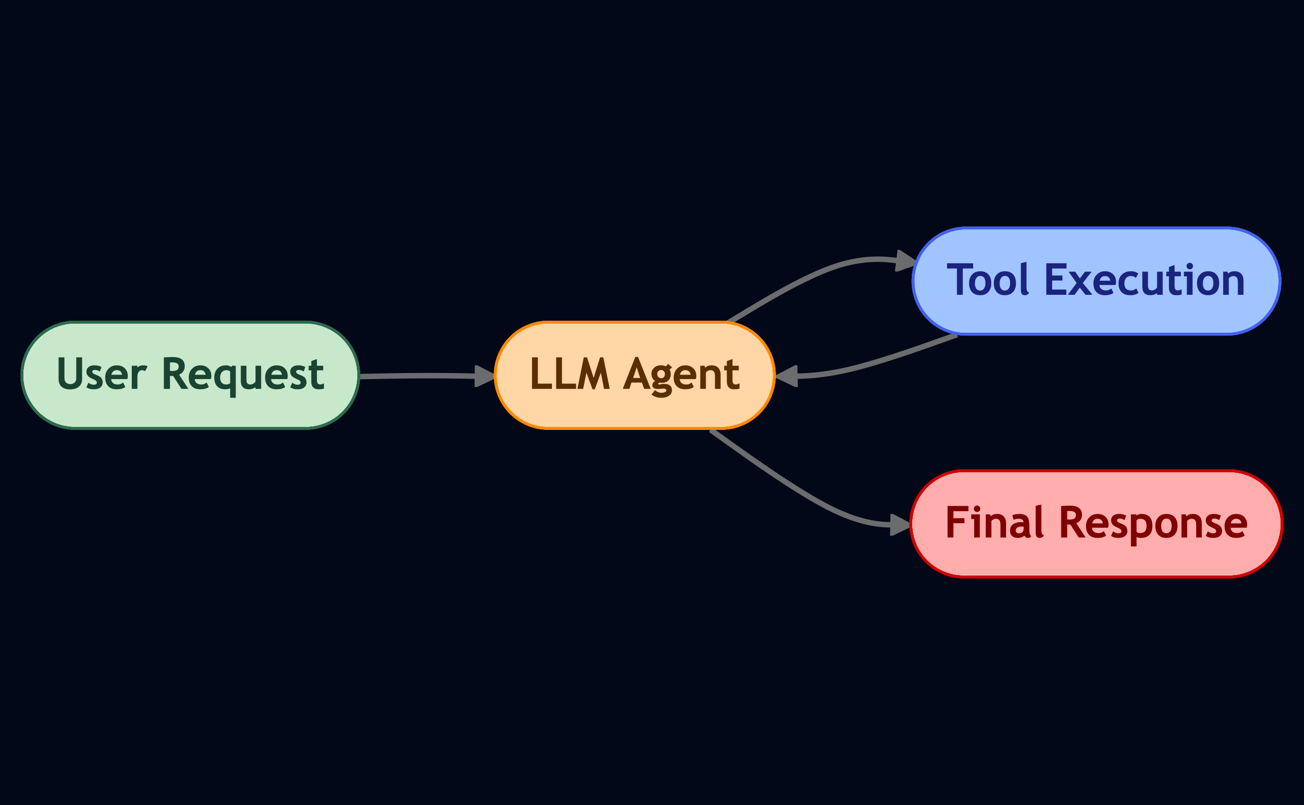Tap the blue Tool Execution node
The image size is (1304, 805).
coord(1096,281)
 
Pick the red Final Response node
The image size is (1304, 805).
coord(1096,523)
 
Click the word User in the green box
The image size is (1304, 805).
coord(101,374)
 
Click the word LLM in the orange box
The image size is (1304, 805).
coord(569,374)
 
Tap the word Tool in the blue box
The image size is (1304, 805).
coord(988,280)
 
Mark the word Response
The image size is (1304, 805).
coord(1154,523)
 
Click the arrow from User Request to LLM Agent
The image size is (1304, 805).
coord(421,376)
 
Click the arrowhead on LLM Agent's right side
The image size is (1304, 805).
coord(787,376)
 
